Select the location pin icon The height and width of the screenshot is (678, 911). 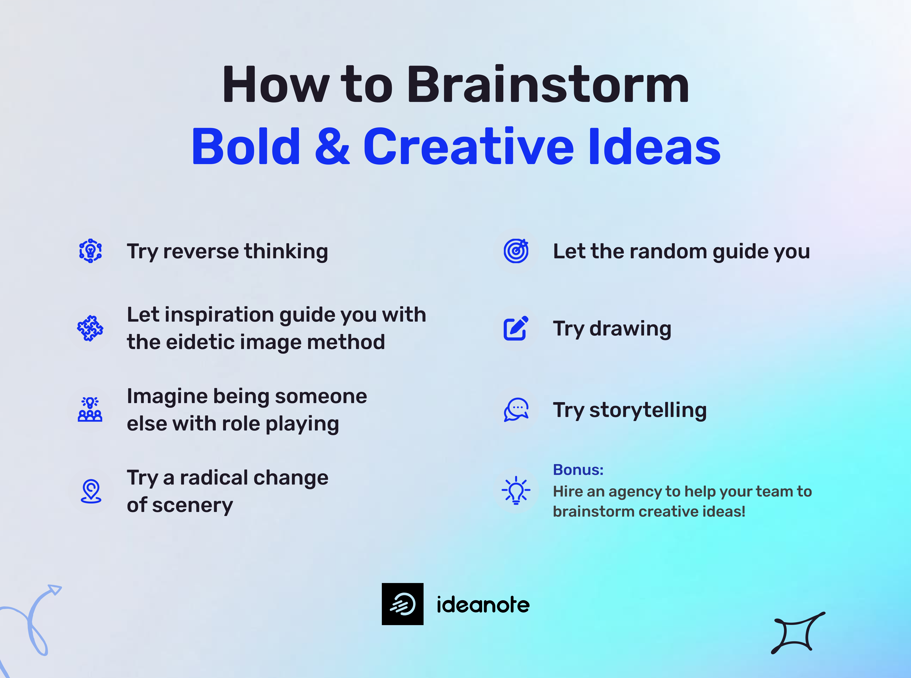pos(91,491)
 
